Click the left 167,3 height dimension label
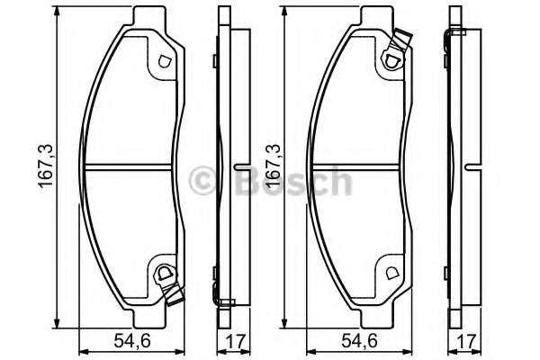click(x=46, y=166)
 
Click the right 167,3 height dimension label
click(x=274, y=166)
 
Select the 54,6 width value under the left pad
click(x=132, y=341)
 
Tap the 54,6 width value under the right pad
click(x=359, y=341)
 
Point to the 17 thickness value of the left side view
click(x=236, y=342)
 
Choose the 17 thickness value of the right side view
click(x=466, y=342)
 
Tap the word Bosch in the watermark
click(x=293, y=181)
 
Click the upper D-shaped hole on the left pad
click(x=165, y=61)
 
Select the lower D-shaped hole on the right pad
click(x=391, y=274)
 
